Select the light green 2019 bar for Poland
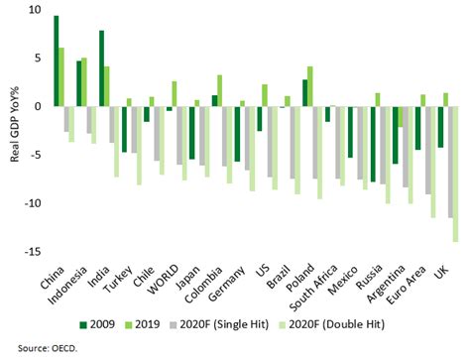pyautogui.click(x=310, y=86)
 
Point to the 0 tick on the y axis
pyautogui.click(x=37, y=106)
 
